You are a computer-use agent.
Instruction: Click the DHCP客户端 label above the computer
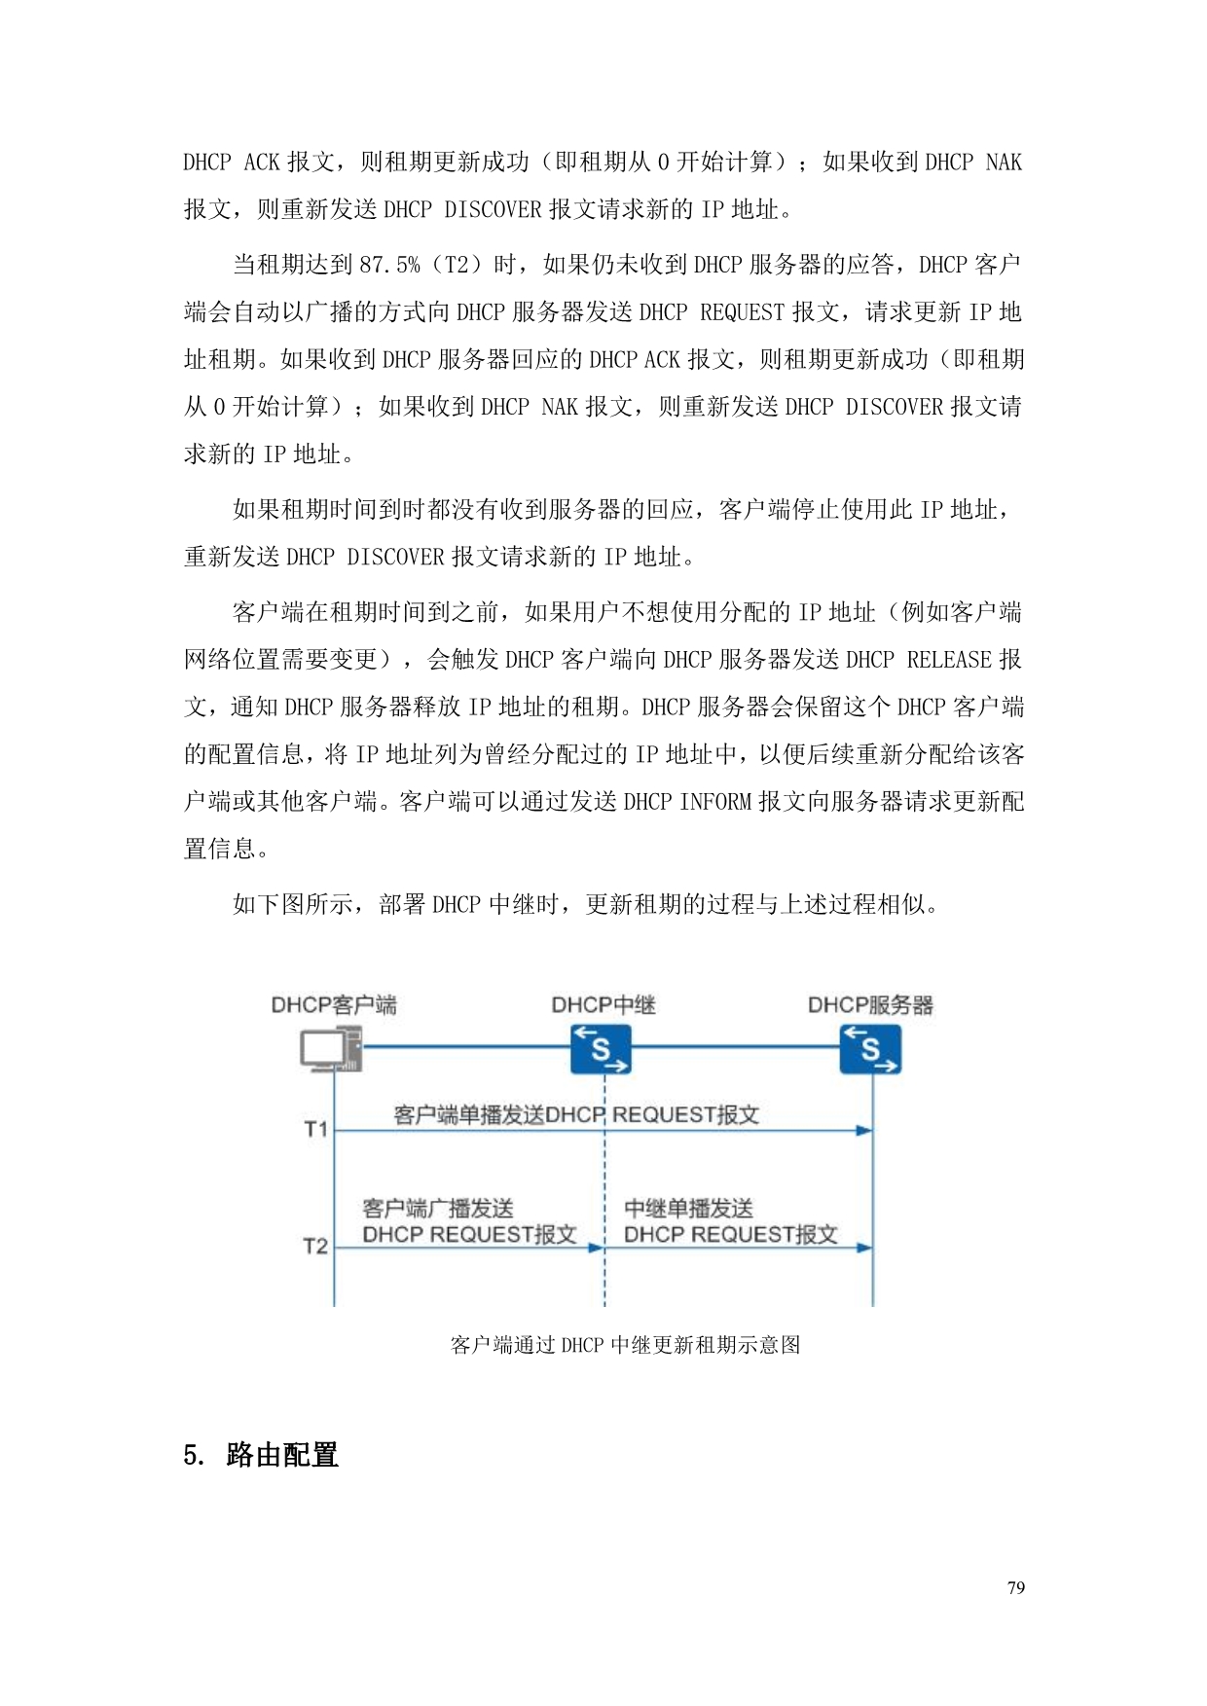point(334,1005)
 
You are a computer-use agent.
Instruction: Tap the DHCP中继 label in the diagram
point(603,1005)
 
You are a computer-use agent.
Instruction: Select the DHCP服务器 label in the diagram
point(870,1005)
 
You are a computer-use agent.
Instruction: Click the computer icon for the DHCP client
point(331,1050)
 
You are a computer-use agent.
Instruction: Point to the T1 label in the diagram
point(315,1129)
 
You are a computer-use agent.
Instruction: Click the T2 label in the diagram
point(315,1246)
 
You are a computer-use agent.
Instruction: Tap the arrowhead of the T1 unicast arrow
point(863,1131)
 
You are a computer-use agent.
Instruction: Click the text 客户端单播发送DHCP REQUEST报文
point(576,1115)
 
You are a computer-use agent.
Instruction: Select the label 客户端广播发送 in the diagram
point(438,1209)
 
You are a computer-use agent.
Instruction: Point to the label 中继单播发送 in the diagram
point(688,1209)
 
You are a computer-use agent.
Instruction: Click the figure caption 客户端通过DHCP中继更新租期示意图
point(625,1345)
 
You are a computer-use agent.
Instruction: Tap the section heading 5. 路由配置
point(261,1455)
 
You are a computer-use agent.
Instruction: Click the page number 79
point(1015,1588)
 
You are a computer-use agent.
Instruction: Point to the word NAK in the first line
point(1004,162)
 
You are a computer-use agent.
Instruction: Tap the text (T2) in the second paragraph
point(456,265)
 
